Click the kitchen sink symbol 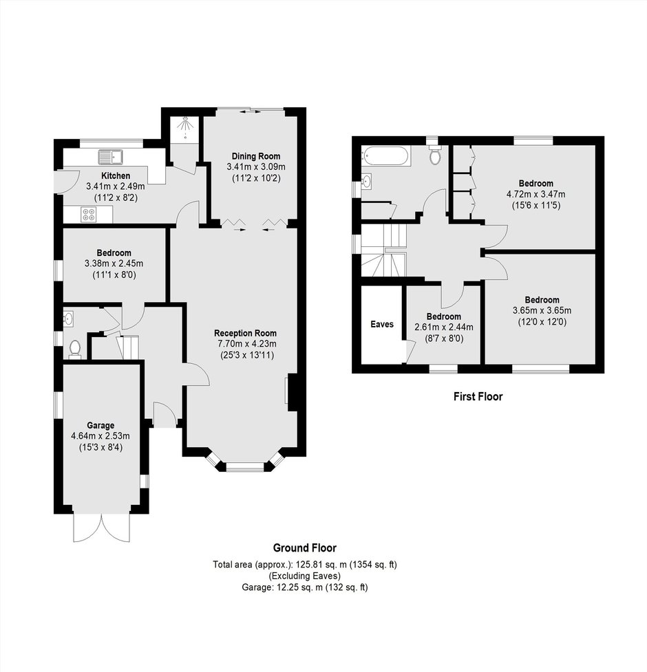pyautogui.click(x=111, y=157)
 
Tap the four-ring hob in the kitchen pyautogui.click(x=89, y=215)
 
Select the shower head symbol pyautogui.click(x=185, y=124)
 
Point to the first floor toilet pyautogui.click(x=435, y=155)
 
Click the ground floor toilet pyautogui.click(x=75, y=349)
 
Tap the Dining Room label pyautogui.click(x=256, y=156)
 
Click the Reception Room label pyautogui.click(x=245, y=333)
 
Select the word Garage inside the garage pyautogui.click(x=100, y=425)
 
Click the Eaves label pyautogui.click(x=382, y=324)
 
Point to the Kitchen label pyautogui.click(x=116, y=175)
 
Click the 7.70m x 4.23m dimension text pyautogui.click(x=247, y=344)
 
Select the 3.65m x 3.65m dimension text pyautogui.click(x=542, y=310)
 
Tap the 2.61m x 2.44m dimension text pyautogui.click(x=444, y=327)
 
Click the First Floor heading pyautogui.click(x=478, y=396)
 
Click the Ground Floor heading pyautogui.click(x=305, y=548)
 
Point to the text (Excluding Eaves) pyautogui.click(x=305, y=576)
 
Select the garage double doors pyautogui.click(x=102, y=527)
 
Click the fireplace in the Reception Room pyautogui.click(x=292, y=392)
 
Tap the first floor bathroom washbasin pyautogui.click(x=367, y=182)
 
